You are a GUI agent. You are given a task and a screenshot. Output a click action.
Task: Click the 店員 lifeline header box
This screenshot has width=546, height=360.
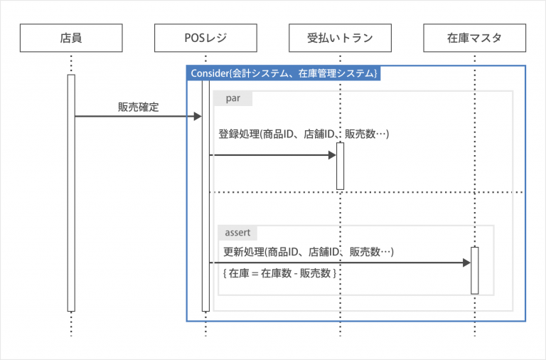71,38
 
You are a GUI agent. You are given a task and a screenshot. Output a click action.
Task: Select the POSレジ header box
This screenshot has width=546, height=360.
205,38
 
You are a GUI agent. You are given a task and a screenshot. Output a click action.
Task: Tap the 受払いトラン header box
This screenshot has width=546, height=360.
340,38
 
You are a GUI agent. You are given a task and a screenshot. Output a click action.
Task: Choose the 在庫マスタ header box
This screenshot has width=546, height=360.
474,38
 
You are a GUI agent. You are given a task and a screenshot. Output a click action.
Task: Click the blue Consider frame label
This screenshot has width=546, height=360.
284,73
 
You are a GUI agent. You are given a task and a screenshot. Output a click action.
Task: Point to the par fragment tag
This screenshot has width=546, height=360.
233,99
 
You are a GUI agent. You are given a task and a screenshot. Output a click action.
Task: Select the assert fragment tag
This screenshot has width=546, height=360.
238,233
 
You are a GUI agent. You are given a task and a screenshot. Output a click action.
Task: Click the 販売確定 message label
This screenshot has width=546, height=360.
138,107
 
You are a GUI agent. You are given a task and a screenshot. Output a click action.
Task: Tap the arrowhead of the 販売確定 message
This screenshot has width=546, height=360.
198,117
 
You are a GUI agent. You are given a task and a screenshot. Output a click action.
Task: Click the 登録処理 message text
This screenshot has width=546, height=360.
304,134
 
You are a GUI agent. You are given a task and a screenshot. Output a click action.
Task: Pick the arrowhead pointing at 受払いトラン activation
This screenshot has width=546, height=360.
332,155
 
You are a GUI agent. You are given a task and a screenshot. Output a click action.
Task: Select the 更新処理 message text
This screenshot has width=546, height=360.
309,252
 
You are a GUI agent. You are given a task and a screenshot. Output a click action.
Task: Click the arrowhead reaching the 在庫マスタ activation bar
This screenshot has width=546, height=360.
466,263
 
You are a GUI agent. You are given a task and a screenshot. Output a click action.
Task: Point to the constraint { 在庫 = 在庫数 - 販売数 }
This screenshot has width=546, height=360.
279,273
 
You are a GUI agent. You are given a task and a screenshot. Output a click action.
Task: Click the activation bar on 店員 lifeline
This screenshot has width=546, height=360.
71,193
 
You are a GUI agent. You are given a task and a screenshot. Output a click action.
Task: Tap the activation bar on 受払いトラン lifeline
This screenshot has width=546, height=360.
341,166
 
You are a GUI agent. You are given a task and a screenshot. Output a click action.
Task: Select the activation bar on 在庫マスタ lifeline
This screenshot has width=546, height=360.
475,270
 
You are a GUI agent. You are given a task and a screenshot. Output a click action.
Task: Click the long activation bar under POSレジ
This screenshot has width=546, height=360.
205,196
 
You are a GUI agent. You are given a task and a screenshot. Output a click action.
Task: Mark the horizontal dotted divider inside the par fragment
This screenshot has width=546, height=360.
366,192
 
